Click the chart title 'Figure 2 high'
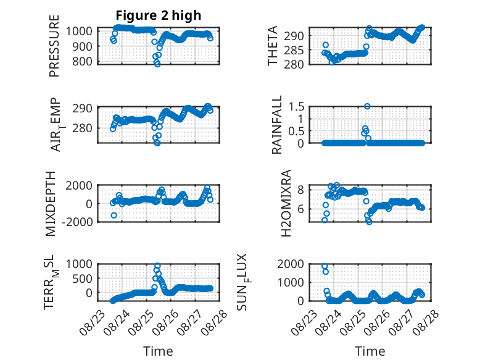point(159,15)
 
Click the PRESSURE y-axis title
point(54,46)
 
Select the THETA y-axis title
point(272,46)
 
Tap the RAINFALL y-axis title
point(276,125)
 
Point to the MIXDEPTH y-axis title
point(51,203)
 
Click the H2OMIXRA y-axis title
point(286,203)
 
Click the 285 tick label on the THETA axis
point(294,50)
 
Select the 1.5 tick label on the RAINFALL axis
point(296,107)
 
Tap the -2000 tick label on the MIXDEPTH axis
point(77,222)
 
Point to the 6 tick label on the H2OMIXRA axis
point(301,209)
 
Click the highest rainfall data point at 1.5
point(367,106)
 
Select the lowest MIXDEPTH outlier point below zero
point(114,216)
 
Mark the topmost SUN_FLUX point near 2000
point(325,266)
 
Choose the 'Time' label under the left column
point(159,351)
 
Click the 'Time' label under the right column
point(370,351)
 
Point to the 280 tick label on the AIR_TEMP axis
point(82,128)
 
